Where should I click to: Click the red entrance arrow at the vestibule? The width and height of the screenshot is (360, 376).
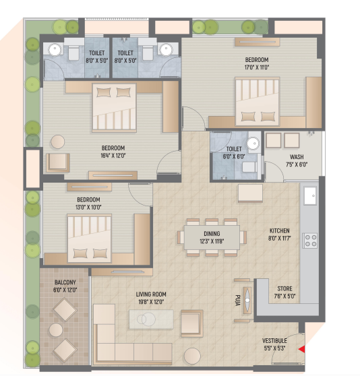click(x=302, y=349)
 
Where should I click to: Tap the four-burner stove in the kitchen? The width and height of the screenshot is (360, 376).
click(x=311, y=241)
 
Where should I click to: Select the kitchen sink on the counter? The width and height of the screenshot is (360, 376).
click(x=310, y=196)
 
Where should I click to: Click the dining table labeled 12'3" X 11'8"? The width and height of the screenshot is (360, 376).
click(x=212, y=237)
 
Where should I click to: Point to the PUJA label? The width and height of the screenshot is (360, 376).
click(x=237, y=301)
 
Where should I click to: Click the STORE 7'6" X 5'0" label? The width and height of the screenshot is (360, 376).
click(x=284, y=292)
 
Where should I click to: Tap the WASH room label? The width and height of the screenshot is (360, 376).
click(x=297, y=157)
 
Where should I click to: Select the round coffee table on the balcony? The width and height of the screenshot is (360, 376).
click(x=56, y=330)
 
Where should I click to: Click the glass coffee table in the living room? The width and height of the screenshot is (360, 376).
click(x=151, y=319)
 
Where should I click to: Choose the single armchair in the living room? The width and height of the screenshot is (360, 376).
click(x=192, y=321)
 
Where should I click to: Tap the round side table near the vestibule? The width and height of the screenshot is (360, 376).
click(x=192, y=356)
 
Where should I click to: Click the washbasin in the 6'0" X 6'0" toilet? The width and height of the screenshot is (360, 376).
click(x=253, y=144)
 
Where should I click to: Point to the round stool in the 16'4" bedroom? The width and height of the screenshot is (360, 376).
click(x=57, y=142)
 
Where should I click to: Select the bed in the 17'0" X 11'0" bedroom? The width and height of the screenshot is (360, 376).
click(x=258, y=102)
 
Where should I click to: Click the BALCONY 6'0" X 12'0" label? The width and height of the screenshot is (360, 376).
click(x=65, y=286)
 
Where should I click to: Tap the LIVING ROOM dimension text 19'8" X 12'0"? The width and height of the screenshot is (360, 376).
click(x=151, y=302)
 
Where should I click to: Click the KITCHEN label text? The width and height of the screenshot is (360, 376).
click(x=279, y=230)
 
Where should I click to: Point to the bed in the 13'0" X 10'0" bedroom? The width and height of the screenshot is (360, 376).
click(x=89, y=239)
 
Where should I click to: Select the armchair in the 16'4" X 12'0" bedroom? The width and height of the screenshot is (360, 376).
click(x=58, y=162)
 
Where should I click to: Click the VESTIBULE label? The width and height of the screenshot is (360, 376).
click(x=274, y=341)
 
